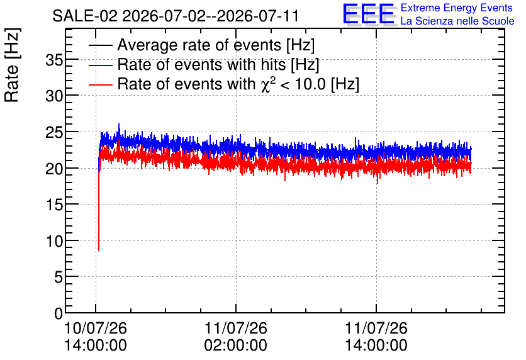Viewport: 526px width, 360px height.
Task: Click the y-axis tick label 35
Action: click(54, 60)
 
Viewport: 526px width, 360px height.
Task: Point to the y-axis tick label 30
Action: click(54, 97)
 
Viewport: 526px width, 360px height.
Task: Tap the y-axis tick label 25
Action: click(54, 133)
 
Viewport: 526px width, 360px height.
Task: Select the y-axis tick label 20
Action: click(54, 169)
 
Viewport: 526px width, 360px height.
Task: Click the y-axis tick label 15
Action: click(54, 205)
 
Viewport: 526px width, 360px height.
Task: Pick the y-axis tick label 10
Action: click(54, 241)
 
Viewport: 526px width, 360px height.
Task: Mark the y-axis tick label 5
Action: click(59, 278)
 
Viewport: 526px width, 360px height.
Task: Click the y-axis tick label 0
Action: click(59, 313)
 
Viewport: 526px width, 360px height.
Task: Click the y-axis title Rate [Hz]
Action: click(12, 65)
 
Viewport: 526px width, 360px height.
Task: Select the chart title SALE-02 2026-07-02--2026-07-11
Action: click(176, 16)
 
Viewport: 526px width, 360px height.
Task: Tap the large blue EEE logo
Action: click(369, 14)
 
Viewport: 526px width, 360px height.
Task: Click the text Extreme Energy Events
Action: click(457, 8)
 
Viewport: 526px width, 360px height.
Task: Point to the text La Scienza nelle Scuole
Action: click(457, 21)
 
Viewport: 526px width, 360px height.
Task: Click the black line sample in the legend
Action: click(100, 45)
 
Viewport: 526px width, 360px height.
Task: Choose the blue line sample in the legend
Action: click(100, 65)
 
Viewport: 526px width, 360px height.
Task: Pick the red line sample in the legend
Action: click(100, 84)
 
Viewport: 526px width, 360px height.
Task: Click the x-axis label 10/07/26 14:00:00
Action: click(96, 337)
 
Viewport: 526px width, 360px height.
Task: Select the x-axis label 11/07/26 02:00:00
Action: click(236, 337)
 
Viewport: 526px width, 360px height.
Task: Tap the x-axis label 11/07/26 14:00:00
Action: click(376, 337)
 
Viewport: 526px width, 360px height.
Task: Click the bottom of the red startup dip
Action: click(99, 250)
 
